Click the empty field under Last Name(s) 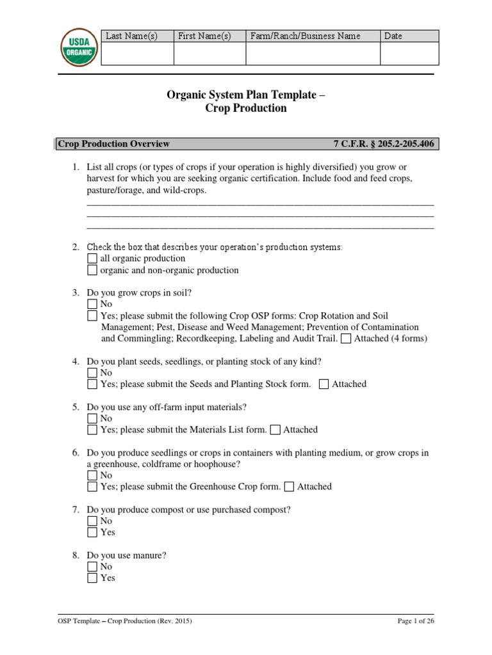[138, 54]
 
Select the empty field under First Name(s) [209, 54]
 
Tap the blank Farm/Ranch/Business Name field [313, 54]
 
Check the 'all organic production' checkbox [92, 258]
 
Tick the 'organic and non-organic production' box [92, 270]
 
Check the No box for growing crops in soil [92, 304]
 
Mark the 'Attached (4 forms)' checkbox [346, 339]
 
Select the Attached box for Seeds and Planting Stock [324, 384]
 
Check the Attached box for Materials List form [275, 430]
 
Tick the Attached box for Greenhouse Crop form [290, 487]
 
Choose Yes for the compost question [92, 532]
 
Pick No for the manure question [92, 567]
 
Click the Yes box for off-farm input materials [92, 430]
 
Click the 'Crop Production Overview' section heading [114, 145]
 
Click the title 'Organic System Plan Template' [246, 95]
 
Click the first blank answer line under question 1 [259, 205]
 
